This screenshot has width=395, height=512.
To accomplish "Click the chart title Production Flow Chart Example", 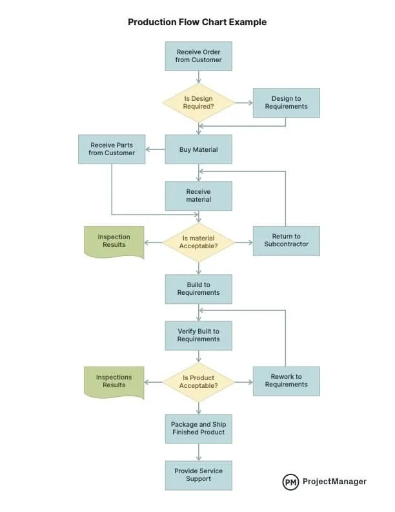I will pyautogui.click(x=197, y=22).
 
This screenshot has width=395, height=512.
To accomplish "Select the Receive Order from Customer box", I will pyautogui.click(x=198, y=56).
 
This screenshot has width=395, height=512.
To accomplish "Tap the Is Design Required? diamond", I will pyautogui.click(x=198, y=102).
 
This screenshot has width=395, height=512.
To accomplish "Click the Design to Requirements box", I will pyautogui.click(x=286, y=102).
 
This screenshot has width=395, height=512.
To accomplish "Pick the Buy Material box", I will pyautogui.click(x=198, y=149).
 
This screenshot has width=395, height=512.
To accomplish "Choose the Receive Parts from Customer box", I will pyautogui.click(x=112, y=149).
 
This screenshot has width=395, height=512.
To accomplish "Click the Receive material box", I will pyautogui.click(x=198, y=195).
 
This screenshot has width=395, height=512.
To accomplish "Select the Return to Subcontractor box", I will pyautogui.click(x=286, y=240).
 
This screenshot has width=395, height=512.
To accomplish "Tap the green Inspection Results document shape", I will pyautogui.click(x=114, y=241).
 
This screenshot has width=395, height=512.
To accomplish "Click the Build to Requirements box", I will pyautogui.click(x=198, y=288).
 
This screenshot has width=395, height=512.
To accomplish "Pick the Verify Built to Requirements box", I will pyautogui.click(x=198, y=335).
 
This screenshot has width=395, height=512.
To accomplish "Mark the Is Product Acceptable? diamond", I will pyautogui.click(x=198, y=381).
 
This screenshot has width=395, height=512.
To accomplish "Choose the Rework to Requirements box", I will pyautogui.click(x=286, y=381).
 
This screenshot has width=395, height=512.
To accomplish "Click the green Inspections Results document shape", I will pyautogui.click(x=114, y=381).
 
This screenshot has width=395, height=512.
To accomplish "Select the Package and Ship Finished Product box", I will pyautogui.click(x=198, y=428).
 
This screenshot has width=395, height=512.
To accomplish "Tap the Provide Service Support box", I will pyautogui.click(x=198, y=475).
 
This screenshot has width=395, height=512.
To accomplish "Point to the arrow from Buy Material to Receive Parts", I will pyautogui.click(x=155, y=149).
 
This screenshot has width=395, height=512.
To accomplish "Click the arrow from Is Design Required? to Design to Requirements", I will pyautogui.click(x=243, y=102).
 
